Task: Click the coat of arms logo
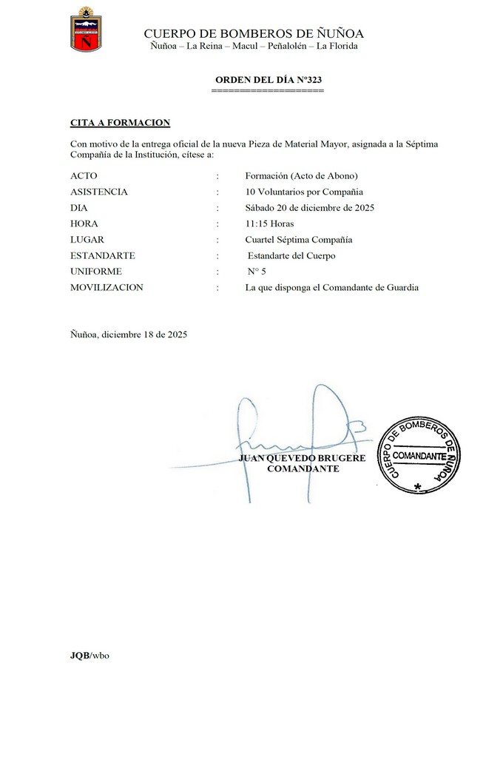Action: (86, 30)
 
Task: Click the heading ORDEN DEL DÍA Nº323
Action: (268, 79)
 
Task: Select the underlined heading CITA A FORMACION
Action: (121, 122)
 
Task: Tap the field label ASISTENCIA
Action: (99, 192)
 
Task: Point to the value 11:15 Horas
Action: (269, 224)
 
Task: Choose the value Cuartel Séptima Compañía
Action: (299, 240)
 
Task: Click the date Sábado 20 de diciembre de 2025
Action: (310, 208)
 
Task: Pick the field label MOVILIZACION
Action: (107, 287)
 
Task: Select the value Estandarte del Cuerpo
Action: (291, 256)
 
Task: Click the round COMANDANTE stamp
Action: (419, 455)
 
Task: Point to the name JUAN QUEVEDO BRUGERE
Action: (302, 459)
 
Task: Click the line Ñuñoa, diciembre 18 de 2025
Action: (129, 335)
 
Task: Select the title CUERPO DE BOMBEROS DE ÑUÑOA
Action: (254, 33)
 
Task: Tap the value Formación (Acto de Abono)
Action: (301, 176)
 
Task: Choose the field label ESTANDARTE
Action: (102, 255)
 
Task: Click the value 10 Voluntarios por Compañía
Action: (304, 192)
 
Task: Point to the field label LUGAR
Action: (87, 240)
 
